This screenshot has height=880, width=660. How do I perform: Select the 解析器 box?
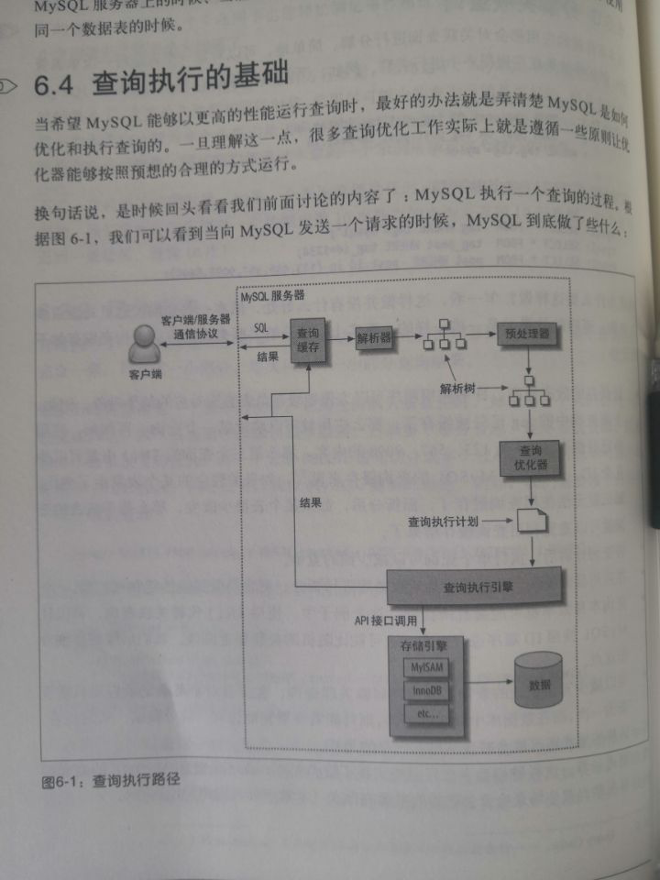coord(374,337)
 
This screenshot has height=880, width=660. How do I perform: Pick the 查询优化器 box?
coord(530,456)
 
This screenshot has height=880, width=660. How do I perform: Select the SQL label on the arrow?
coord(259,326)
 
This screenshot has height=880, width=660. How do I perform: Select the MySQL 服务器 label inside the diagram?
coord(272,297)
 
